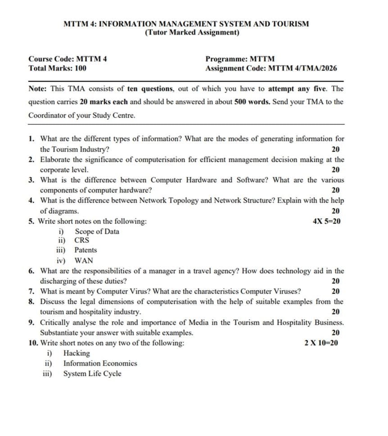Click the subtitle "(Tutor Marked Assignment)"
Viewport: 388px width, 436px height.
click(x=192, y=33)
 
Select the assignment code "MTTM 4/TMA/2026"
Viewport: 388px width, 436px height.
click(x=302, y=68)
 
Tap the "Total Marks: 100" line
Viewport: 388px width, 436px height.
click(x=57, y=68)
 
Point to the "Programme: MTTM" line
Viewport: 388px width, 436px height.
click(x=240, y=59)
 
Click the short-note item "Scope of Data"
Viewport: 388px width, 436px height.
click(x=97, y=231)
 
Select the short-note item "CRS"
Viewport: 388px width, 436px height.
click(x=82, y=240)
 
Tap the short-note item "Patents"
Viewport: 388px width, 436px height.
click(x=86, y=250)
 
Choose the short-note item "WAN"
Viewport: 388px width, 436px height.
click(x=84, y=260)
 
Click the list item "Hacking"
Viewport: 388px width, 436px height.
click(x=77, y=353)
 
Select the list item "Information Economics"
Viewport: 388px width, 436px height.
click(x=100, y=363)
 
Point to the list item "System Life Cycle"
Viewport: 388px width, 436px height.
click(x=92, y=373)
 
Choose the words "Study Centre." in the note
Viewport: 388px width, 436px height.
click(x=113, y=115)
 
